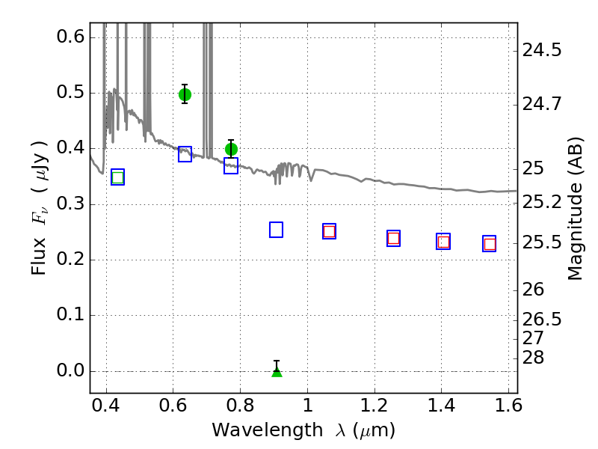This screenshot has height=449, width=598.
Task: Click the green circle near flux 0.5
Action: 185,94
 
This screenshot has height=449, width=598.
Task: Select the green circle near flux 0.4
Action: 231,149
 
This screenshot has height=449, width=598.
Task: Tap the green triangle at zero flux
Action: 277,372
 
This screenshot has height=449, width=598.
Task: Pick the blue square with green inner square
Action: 118,177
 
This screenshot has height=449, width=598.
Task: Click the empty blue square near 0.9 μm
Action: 276,230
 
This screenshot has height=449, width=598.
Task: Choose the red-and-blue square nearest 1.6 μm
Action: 490,244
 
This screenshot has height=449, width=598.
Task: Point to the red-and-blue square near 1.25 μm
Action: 394,238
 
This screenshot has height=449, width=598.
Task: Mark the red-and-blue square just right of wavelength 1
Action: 329,231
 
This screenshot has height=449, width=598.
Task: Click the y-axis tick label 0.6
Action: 70,37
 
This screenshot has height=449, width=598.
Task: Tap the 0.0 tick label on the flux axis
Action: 70,370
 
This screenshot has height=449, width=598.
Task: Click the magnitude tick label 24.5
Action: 542,50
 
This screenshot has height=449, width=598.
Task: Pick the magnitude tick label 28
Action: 533,358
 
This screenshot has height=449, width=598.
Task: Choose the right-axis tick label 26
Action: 533,290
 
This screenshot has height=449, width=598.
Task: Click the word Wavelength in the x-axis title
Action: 268,430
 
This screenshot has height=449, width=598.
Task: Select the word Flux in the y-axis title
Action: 39,256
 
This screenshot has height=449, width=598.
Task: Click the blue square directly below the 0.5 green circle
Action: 185,154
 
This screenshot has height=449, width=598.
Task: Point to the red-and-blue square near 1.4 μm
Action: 443,241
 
